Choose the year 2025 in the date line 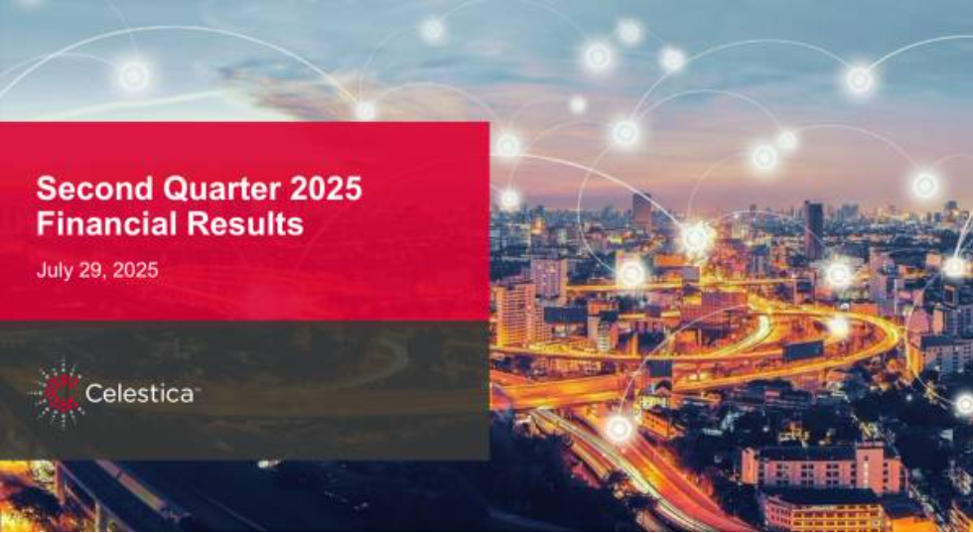(135, 271)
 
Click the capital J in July (41, 271)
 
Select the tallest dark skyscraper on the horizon (813, 229)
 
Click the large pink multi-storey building (823, 467)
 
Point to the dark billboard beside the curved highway (803, 350)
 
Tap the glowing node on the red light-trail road (619, 428)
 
